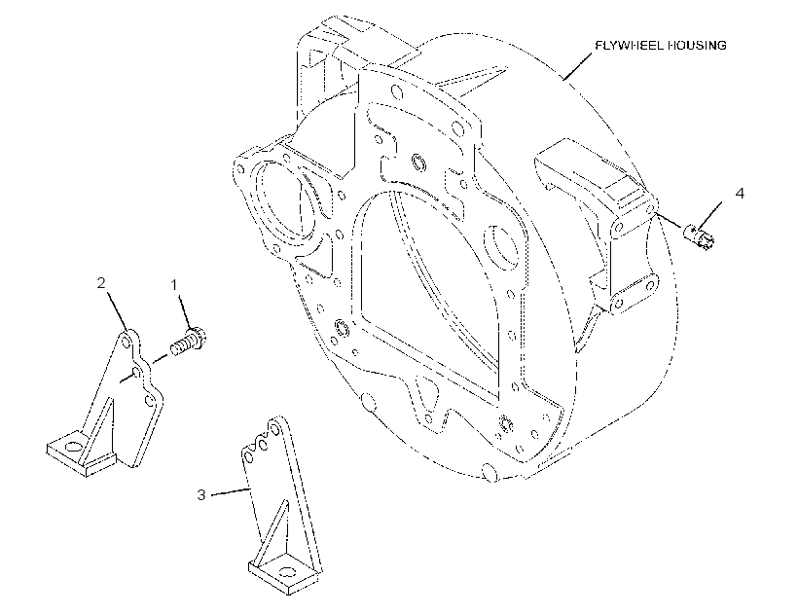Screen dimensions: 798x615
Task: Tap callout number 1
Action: click(174, 285)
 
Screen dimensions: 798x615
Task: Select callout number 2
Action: click(101, 283)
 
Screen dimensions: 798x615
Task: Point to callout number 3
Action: click(201, 494)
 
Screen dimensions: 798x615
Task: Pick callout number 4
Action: click(740, 194)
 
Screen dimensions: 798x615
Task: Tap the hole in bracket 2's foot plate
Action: click(74, 447)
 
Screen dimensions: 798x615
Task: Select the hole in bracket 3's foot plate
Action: click(286, 572)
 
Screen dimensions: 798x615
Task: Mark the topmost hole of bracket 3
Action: click(275, 426)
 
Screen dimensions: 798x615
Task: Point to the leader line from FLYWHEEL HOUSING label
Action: click(578, 65)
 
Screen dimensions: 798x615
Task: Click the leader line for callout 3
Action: click(231, 491)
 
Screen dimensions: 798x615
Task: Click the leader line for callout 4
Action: click(710, 215)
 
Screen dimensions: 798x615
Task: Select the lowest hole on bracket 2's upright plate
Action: click(149, 400)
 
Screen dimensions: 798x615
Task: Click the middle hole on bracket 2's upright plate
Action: click(136, 373)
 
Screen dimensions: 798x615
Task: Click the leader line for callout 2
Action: click(117, 310)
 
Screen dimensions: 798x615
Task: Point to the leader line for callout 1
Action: click(185, 310)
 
